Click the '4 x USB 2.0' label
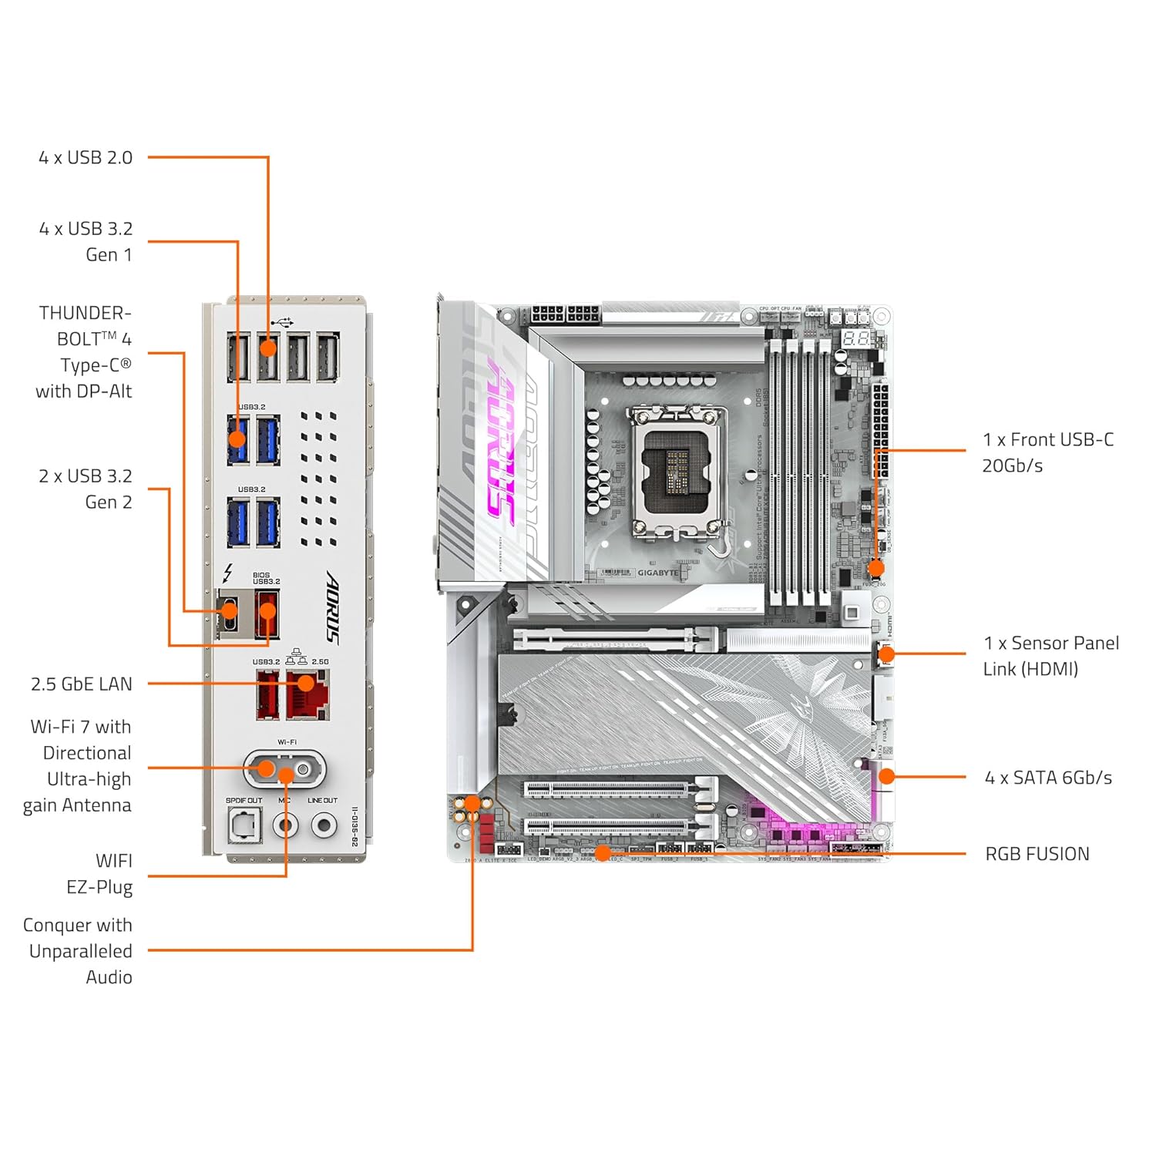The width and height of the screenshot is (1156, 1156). point(86,158)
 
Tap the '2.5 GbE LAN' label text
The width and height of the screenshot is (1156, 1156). point(82,684)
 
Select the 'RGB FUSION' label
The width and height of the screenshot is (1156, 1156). point(1037,854)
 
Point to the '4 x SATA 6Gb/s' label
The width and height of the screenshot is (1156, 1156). point(1047,778)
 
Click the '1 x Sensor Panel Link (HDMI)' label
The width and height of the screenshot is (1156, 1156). point(1050,656)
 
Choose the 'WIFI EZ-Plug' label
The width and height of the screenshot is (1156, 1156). point(100,874)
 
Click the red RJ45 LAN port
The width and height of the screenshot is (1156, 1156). point(307,694)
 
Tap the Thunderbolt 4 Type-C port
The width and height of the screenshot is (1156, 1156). point(228,614)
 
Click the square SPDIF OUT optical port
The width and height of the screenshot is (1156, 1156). point(244,826)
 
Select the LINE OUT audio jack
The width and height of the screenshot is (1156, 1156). point(324,826)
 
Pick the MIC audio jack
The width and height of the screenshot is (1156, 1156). point(286,826)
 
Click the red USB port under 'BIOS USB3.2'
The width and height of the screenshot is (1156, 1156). point(267,614)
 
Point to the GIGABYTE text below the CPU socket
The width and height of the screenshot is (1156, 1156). point(657,573)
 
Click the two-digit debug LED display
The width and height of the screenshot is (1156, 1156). point(855,338)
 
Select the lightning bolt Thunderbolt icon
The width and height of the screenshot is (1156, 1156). point(227,573)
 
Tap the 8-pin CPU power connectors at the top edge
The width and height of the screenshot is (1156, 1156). point(565,314)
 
